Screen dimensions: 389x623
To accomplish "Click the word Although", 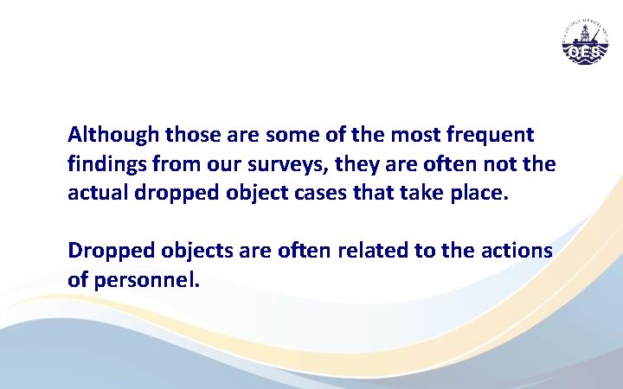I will tap(113, 136).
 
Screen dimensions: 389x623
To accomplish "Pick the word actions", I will tap(522, 251).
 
